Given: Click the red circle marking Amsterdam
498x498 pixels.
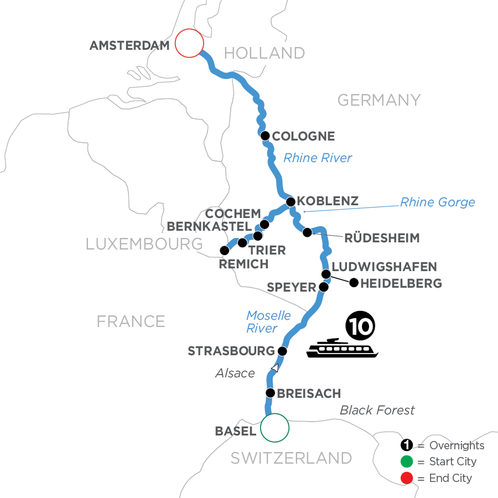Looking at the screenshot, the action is pyautogui.click(x=189, y=43).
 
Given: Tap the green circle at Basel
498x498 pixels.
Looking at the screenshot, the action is pyautogui.click(x=274, y=428).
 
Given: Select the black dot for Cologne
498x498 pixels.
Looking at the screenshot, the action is pyautogui.click(x=265, y=136).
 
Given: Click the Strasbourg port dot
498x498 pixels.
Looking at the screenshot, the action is pyautogui.click(x=282, y=351).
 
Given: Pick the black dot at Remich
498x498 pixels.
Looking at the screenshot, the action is pyautogui.click(x=224, y=250).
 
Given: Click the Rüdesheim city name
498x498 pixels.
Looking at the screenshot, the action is pyautogui.click(x=382, y=238).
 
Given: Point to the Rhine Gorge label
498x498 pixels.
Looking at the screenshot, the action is pyautogui.click(x=437, y=202).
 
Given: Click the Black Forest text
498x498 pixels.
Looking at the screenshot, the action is pyautogui.click(x=377, y=410).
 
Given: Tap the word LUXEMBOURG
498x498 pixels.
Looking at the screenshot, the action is pyautogui.click(x=144, y=243).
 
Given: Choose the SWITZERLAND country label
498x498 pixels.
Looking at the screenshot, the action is pyautogui.click(x=291, y=458).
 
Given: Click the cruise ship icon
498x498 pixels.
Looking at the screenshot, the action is pyautogui.click(x=343, y=348).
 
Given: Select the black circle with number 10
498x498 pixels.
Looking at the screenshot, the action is pyautogui.click(x=359, y=325).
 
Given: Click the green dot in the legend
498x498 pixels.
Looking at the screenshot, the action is pyautogui.click(x=408, y=462).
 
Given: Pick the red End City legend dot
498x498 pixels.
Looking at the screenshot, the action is pyautogui.click(x=408, y=478).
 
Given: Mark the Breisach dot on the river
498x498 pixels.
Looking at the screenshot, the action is pyautogui.click(x=270, y=393).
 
